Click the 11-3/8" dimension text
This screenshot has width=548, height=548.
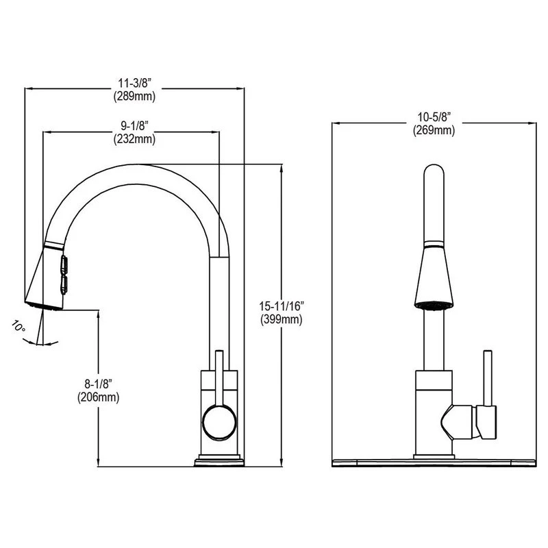[x=134, y=83]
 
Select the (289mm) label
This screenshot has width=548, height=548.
[x=134, y=96]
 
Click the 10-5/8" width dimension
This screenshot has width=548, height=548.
[x=433, y=117]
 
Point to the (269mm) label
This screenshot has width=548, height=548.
[x=433, y=129]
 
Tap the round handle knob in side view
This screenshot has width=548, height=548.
[x=219, y=420]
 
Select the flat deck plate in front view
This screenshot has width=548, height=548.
[x=433, y=461]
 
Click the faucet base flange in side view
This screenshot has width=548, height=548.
[x=219, y=461]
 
